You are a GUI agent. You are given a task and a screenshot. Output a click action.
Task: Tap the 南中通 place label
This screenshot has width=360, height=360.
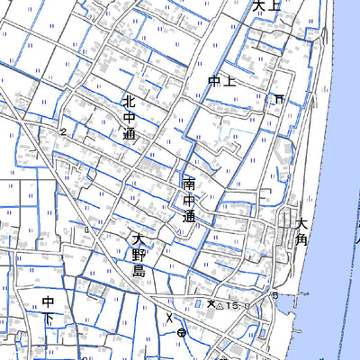coord(188,200)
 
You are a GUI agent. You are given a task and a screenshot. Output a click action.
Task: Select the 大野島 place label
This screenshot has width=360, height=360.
coord(138,255)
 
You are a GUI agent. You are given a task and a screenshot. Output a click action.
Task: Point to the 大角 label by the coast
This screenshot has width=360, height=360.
coord(301,230)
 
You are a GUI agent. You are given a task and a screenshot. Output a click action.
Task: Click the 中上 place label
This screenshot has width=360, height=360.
coord(220,82)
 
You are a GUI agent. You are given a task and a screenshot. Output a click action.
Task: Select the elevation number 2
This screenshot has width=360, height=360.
coord(64,132)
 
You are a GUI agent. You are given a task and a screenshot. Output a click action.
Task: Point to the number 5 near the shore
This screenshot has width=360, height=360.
coord(274,296)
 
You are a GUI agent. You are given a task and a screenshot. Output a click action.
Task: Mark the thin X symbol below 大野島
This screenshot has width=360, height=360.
coord(168,316)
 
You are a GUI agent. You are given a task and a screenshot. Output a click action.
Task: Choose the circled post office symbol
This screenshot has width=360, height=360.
coord(182,333)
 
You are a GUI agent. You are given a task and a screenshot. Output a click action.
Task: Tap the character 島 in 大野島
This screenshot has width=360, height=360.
coord(138,271)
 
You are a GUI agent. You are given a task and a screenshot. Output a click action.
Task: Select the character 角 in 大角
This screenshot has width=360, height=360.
coord(301,240)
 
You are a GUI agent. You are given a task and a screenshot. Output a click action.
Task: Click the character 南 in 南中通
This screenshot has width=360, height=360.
coord(188,184)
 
